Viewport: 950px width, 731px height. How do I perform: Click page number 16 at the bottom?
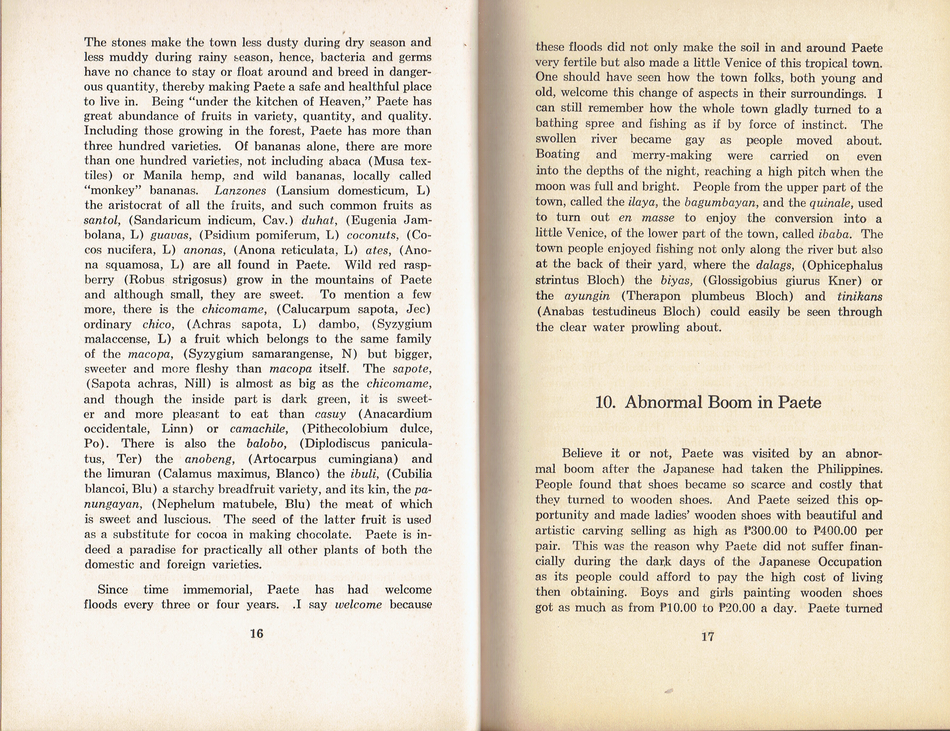tap(257, 634)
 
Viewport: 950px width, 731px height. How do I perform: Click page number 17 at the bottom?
tap(708, 636)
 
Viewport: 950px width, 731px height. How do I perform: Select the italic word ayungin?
tap(587, 296)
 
